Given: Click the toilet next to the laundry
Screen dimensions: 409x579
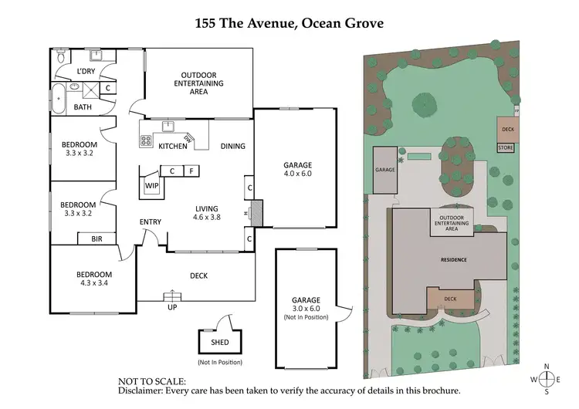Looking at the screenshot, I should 62,56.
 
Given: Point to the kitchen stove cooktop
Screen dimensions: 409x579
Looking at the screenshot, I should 146,140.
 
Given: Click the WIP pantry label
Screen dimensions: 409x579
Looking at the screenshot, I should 151,186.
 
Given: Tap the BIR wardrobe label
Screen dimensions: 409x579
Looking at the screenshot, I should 96,239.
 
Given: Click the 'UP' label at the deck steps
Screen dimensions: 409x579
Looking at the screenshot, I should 171,307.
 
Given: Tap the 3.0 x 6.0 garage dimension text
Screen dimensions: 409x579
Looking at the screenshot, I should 305,309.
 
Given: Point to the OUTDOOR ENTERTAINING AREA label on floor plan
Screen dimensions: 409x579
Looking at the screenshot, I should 198,82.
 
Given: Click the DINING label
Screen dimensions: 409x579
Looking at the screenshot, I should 232,146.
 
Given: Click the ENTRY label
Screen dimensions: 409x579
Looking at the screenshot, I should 151,222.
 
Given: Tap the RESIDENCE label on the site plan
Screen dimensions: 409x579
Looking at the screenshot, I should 453,260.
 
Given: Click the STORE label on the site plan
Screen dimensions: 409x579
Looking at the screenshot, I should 505,147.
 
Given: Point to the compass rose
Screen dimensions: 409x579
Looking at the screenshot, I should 548,379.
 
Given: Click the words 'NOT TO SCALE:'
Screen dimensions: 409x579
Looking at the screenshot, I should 151,381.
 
